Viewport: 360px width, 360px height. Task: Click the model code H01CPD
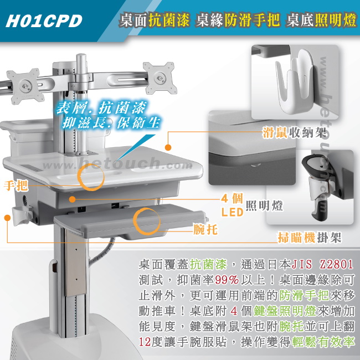44,21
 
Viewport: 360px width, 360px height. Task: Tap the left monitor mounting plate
25,86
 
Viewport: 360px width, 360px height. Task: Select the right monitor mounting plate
160,78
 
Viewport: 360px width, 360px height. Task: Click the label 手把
16,186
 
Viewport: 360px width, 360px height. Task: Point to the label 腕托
205,229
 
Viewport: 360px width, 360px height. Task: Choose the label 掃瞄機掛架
310,237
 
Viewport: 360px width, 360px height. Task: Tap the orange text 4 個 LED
232,205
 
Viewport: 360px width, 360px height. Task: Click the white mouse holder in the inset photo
296,81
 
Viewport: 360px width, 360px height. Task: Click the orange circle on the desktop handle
91,177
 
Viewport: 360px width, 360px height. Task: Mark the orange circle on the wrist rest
146,221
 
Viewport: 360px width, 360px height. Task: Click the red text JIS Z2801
322,264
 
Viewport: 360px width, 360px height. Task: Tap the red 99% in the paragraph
227,280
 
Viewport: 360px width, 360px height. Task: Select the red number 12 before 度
145,342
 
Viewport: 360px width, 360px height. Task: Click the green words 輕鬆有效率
323,342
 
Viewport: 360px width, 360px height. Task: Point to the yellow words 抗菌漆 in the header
169,20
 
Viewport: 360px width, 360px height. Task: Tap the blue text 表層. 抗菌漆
101,107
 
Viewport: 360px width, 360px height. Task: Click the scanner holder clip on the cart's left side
22,215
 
